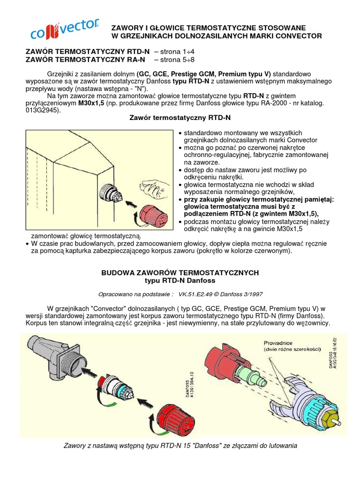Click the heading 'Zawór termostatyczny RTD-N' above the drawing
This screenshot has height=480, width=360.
coord(180,118)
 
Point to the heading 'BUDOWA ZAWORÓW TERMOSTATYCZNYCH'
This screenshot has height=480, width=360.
coord(180,272)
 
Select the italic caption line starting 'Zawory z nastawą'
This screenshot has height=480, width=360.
coord(180,445)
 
